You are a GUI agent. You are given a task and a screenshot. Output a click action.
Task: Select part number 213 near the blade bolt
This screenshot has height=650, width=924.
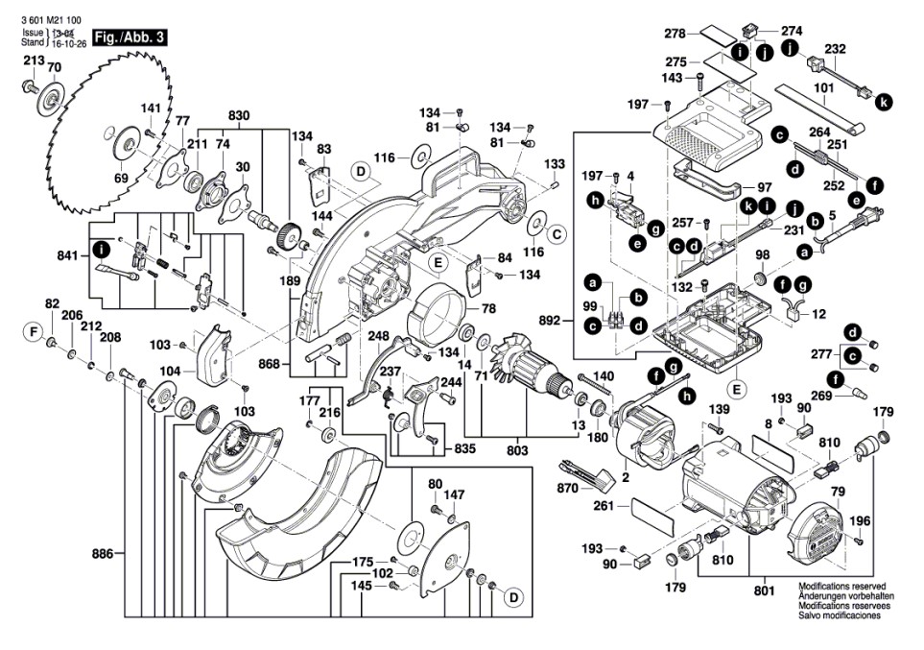click(x=34, y=61)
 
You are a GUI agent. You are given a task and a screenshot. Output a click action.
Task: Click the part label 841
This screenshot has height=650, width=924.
click(x=70, y=256)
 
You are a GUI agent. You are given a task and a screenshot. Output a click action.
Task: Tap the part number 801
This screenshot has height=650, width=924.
click(x=764, y=591)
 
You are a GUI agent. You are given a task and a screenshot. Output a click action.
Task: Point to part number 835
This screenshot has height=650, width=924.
click(x=464, y=447)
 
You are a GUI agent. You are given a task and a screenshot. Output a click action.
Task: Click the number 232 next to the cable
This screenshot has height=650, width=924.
click(x=835, y=49)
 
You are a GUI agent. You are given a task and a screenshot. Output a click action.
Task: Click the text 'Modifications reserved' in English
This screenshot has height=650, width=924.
click(x=842, y=586)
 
